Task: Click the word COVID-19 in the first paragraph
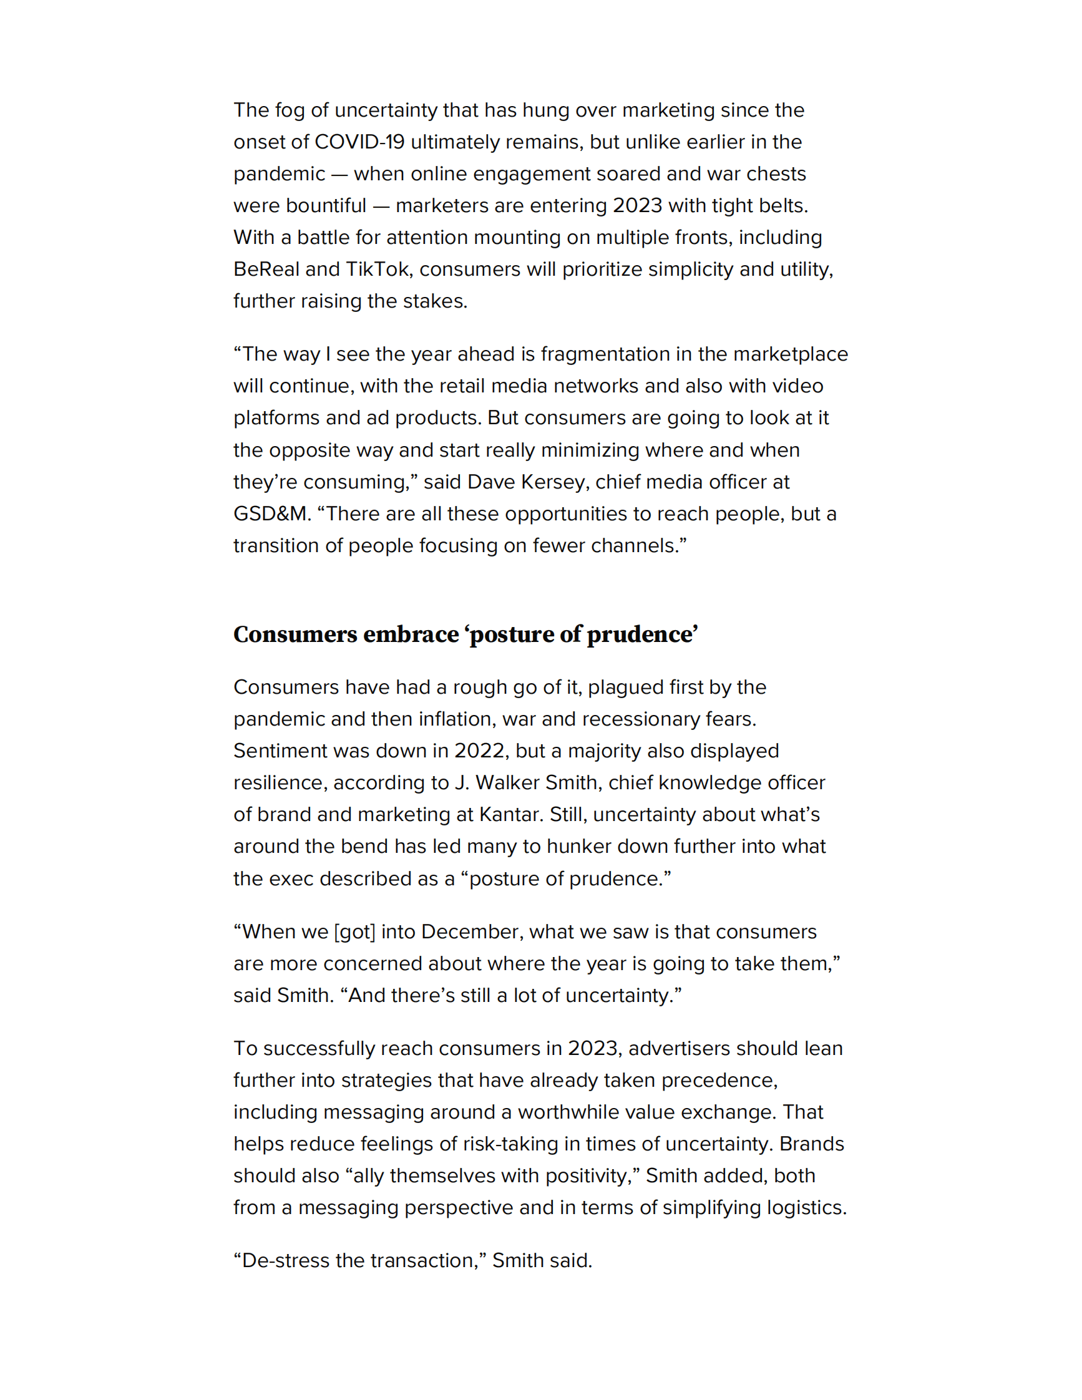[x=359, y=142]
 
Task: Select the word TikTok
[x=378, y=270]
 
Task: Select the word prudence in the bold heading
[x=641, y=634]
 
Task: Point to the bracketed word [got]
[x=354, y=931]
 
